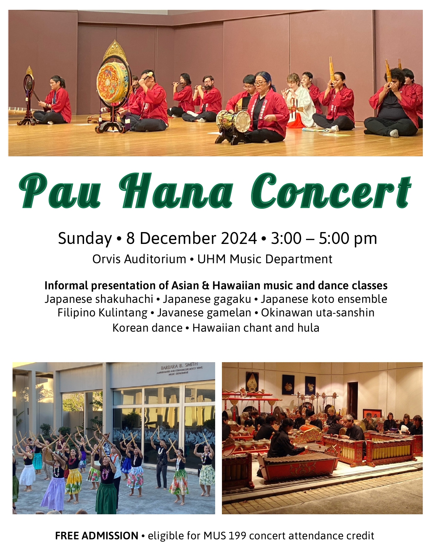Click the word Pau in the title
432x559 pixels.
(60, 191)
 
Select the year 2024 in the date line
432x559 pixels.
(239, 238)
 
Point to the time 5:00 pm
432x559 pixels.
(348, 238)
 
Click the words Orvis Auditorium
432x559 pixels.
(139, 259)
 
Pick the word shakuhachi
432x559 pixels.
(124, 299)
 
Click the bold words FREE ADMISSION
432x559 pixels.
(97, 536)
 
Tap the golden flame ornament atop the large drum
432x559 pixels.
(115, 50)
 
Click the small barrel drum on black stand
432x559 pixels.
(233, 121)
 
